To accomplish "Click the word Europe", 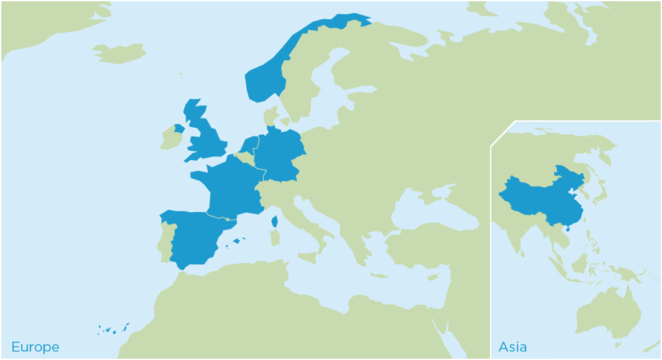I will (35, 347).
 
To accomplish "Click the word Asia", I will (512, 347).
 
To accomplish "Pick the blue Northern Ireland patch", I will (179, 128).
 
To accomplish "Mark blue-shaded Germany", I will (280, 155).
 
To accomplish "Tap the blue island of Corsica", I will (274, 221).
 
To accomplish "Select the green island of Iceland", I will (120, 53).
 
